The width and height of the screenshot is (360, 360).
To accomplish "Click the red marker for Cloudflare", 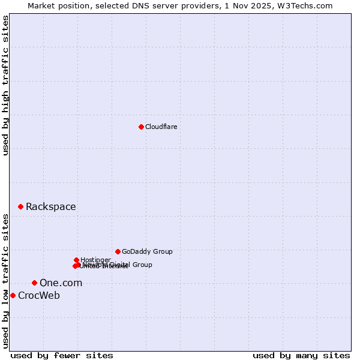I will pyautogui.click(x=141, y=127).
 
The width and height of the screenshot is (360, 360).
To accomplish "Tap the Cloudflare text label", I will pyautogui.click(x=161, y=127).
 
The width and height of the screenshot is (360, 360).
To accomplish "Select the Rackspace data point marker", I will pyautogui.click(x=20, y=206).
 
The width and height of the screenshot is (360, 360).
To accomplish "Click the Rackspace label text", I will pyautogui.click(x=50, y=207).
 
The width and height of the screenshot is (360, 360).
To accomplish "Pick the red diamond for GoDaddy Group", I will pyautogui.click(x=118, y=251).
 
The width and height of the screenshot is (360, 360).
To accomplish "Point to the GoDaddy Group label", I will pyautogui.click(x=147, y=252).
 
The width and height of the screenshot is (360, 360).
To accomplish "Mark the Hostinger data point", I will pyautogui.click(x=76, y=260).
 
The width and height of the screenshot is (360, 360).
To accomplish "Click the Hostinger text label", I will pyautogui.click(x=95, y=260).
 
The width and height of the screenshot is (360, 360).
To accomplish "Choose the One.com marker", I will pyautogui.click(x=34, y=283).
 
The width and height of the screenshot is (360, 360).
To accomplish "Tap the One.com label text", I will pyautogui.click(x=61, y=283).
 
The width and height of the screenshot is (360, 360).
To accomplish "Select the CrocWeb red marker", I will pyautogui.click(x=13, y=295).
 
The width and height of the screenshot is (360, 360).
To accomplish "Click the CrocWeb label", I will pyautogui.click(x=39, y=295).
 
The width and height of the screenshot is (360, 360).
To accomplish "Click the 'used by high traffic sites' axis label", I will pyautogui.click(x=6, y=86).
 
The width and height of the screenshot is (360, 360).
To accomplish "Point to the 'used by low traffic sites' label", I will pyautogui.click(x=6, y=280).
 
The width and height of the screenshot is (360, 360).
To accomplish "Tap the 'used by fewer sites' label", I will pyautogui.click(x=62, y=355).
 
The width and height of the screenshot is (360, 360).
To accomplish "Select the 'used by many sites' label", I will pyautogui.click(x=301, y=355).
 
